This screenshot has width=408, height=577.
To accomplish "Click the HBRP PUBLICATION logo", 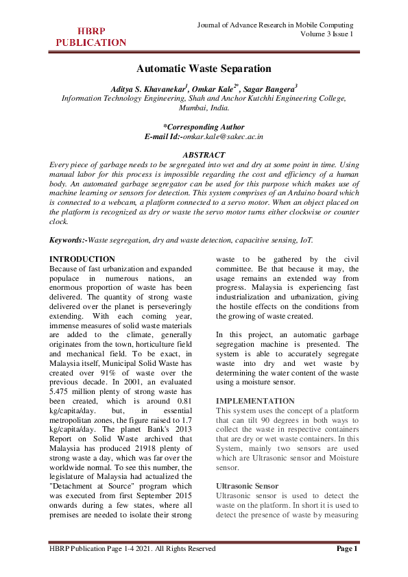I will (x=91, y=36).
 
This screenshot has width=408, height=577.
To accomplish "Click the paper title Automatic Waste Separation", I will (x=204, y=69).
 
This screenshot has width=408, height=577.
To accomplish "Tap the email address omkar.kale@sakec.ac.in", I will (x=219, y=137).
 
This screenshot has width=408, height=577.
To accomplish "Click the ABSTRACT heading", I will (x=204, y=155).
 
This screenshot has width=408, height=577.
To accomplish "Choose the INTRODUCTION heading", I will (x=83, y=259).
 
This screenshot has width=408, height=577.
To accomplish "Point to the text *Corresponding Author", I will (x=204, y=127).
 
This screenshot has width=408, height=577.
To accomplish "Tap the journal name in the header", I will (x=275, y=25).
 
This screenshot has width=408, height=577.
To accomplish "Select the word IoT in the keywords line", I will (x=306, y=240).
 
